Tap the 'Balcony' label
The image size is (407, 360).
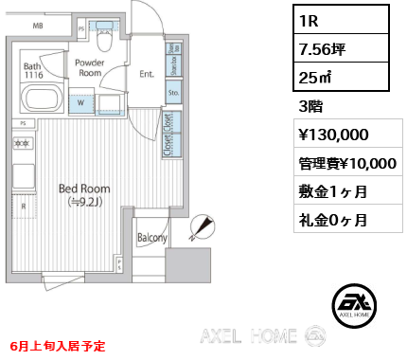pos(151,238)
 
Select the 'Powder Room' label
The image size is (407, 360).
pos(90,66)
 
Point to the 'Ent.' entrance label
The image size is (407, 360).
pos(148,73)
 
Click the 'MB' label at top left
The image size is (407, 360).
pos(38,26)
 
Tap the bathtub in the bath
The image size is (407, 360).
pos(41,99)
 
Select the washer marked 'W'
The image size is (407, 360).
pos(81,101)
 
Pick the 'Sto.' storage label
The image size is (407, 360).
pos(173,94)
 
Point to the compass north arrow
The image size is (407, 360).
pos(201,225)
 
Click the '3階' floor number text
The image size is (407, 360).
pos(310,104)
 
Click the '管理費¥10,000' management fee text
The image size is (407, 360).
pos(347,163)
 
